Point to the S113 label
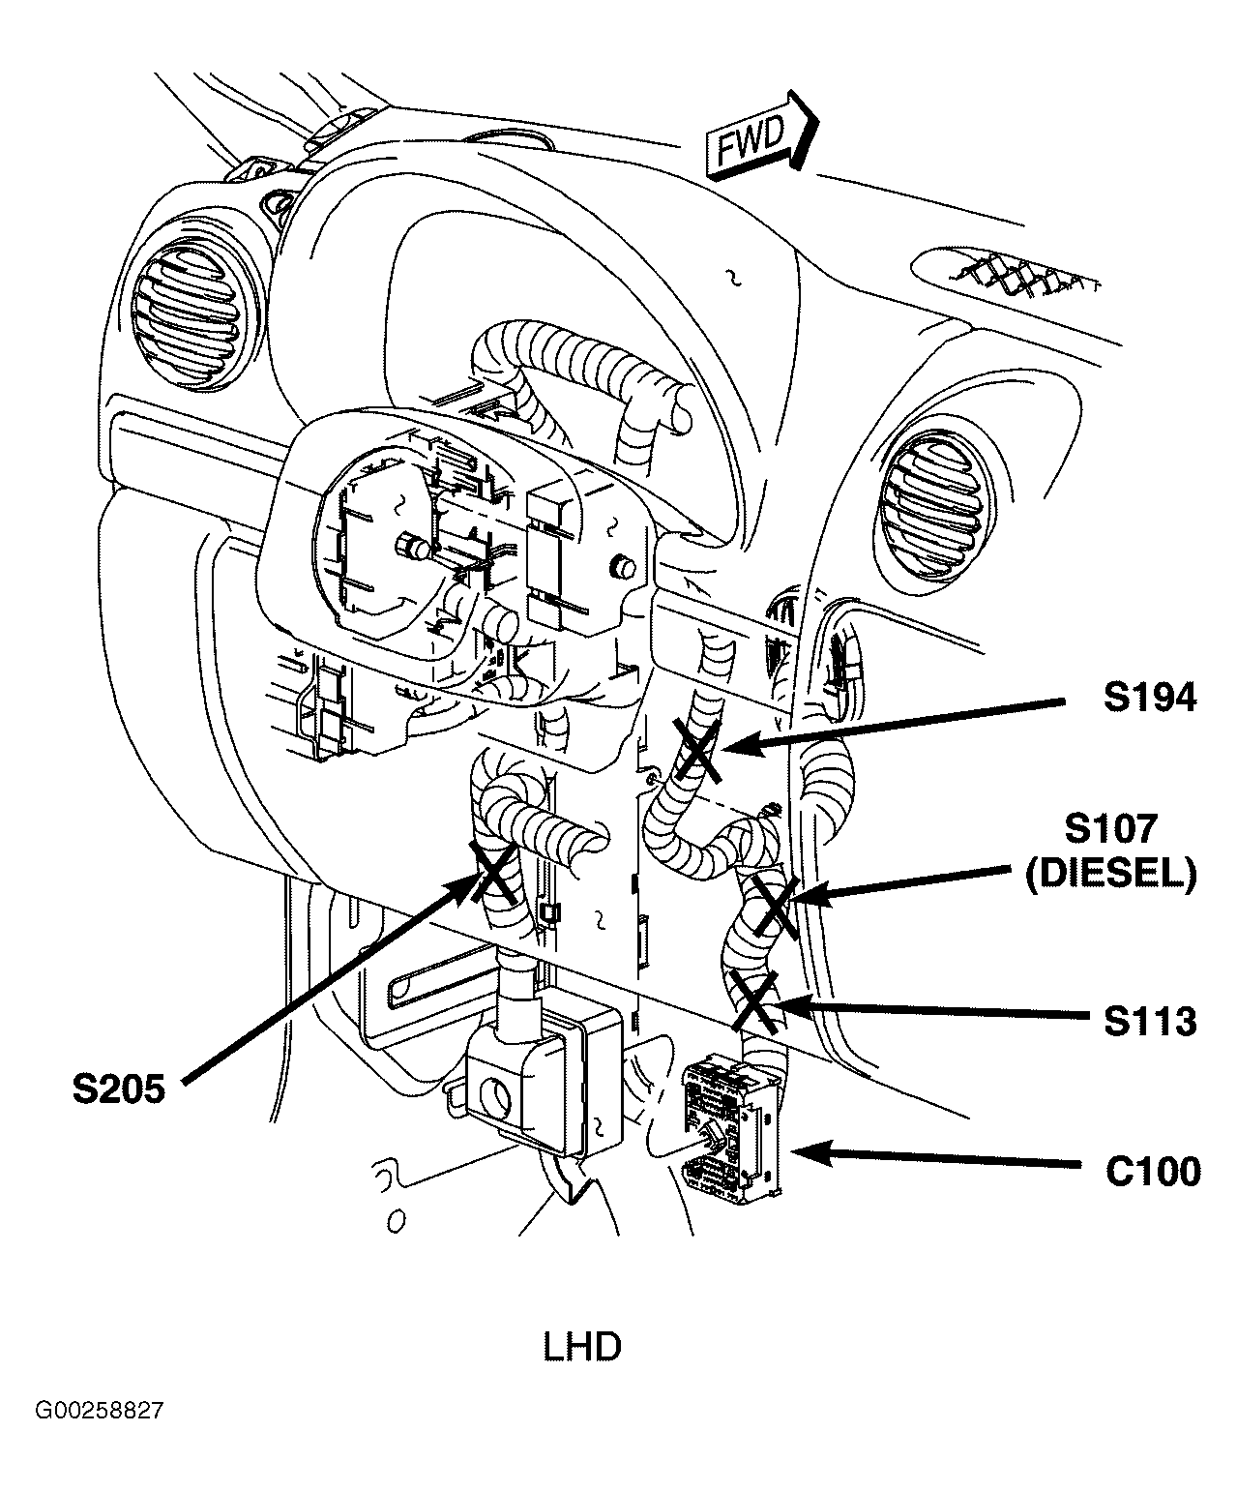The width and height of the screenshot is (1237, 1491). pos(1151,1021)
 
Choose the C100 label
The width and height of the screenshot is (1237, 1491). pos(1153,1171)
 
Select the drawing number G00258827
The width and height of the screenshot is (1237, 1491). pos(100,1437)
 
